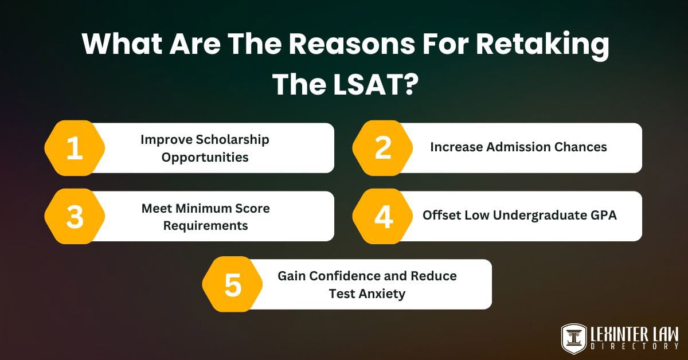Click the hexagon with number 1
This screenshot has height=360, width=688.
tap(75, 148)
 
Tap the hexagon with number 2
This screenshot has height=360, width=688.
tap(383, 148)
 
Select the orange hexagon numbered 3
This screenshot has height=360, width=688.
tap(75, 216)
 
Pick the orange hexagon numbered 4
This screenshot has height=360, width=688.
tap(383, 216)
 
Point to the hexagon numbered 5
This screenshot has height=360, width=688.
tap(233, 284)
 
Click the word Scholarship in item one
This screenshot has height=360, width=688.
tap(233, 140)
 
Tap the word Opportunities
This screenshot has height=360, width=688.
tap(205, 158)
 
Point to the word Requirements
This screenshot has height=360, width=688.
tap(205, 226)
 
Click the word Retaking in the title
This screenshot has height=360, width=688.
tap(542, 45)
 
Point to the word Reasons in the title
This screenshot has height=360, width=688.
tap(351, 44)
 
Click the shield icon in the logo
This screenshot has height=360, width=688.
tap(574, 339)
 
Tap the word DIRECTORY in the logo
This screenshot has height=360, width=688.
tap(635, 346)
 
